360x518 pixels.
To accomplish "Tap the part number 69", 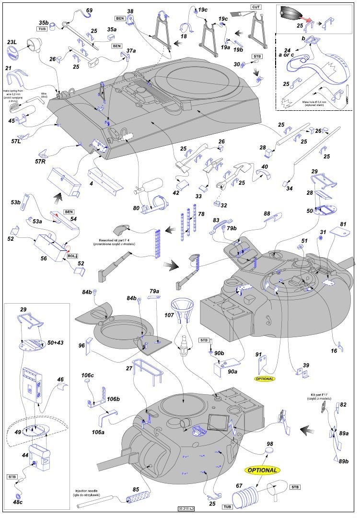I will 89,10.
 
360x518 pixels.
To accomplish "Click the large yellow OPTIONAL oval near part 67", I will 262,470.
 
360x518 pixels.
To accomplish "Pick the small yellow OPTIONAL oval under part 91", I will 265,378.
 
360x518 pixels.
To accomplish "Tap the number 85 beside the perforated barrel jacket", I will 136,490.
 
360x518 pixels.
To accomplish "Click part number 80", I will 137,208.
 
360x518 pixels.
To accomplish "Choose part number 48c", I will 18,502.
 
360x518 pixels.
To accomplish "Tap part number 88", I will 267,213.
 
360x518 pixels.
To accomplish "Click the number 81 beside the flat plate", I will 343,224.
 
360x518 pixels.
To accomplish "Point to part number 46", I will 61,379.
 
